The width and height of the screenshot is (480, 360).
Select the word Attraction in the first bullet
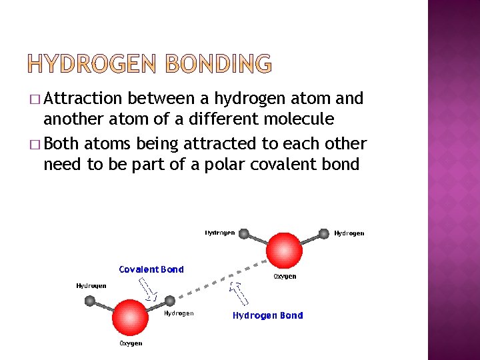[x=84, y=99]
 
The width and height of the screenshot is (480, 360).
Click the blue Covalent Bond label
[x=151, y=269]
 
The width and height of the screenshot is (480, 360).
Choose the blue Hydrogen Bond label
[x=267, y=315]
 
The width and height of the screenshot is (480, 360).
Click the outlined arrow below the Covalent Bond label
[x=147, y=288]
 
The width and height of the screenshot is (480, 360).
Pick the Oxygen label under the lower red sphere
[x=130, y=343]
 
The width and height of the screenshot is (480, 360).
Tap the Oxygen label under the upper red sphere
[x=285, y=276]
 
